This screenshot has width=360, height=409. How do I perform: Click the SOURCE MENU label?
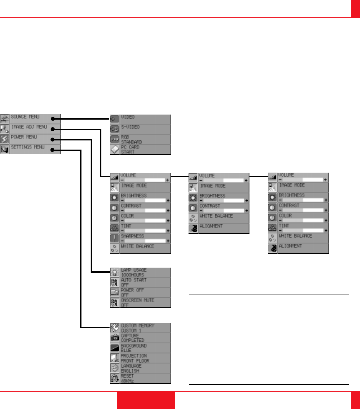(25, 117)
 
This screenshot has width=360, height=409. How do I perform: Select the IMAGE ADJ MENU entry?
(29, 127)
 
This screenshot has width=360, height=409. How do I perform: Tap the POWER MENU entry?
(24, 137)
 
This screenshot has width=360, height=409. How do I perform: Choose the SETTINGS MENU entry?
(28, 147)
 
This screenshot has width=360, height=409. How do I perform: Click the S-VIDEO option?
(130, 127)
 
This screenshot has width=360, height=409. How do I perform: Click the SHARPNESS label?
(133, 236)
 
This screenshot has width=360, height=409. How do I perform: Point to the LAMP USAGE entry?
(134, 272)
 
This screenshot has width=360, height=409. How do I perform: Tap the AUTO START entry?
(134, 282)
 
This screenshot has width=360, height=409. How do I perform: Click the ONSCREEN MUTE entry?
(138, 303)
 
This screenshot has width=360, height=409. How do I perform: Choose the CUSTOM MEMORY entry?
(138, 328)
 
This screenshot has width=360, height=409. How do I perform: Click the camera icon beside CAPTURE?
(115, 338)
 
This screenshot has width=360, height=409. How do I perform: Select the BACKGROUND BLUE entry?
(134, 348)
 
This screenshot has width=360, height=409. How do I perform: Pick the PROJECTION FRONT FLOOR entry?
(135, 358)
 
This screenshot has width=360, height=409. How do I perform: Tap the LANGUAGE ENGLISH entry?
(131, 368)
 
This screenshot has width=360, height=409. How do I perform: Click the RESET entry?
(128, 378)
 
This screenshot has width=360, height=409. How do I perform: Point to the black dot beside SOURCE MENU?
(53, 119)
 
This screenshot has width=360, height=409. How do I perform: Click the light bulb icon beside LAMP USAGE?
(115, 272)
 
